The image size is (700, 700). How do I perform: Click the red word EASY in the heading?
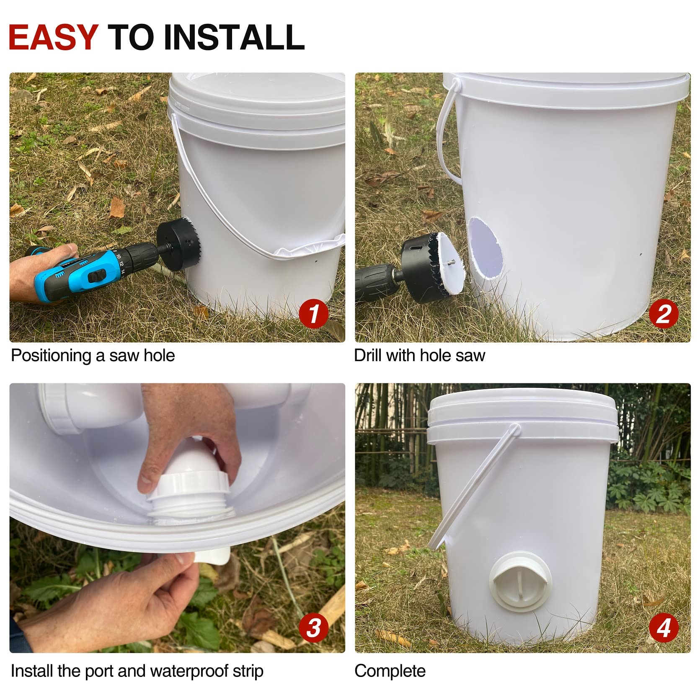click(53, 38)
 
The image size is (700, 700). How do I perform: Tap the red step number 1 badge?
click(313, 314)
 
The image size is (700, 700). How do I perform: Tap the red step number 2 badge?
click(663, 314)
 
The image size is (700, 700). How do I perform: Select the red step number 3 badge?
click(313, 628)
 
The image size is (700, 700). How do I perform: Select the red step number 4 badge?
click(663, 628)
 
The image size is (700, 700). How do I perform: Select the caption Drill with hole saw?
click(419, 356)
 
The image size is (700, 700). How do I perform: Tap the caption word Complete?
click(390, 671)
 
